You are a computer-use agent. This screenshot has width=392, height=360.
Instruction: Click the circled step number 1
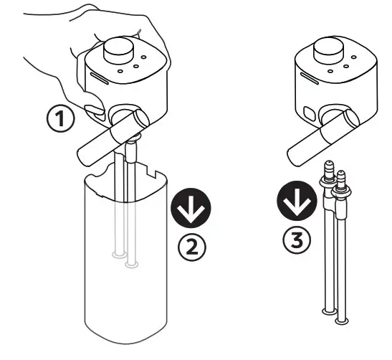(x=60, y=118)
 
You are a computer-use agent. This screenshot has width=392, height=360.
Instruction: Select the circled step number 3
(x=297, y=240)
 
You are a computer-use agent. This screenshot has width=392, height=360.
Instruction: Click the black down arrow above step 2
(x=191, y=208)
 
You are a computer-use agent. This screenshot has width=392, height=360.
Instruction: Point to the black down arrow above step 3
(x=297, y=201)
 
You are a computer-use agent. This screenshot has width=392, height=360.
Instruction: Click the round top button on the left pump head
(x=118, y=50)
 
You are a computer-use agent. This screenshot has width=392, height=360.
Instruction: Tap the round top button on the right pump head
(x=329, y=50)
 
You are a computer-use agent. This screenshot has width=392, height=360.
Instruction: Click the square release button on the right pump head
(x=310, y=113)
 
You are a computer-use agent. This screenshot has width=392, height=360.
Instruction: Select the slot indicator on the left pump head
(x=99, y=78)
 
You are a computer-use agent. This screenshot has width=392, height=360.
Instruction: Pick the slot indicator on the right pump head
(x=310, y=78)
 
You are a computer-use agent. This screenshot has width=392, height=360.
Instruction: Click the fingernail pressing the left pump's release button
(x=95, y=109)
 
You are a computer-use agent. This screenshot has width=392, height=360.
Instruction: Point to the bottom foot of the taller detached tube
(x=330, y=311)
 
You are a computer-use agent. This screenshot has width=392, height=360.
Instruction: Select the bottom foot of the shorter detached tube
(x=342, y=321)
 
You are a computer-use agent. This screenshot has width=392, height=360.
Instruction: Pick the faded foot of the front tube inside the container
(x=131, y=265)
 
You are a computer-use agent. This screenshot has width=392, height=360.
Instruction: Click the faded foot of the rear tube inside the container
(x=120, y=255)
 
